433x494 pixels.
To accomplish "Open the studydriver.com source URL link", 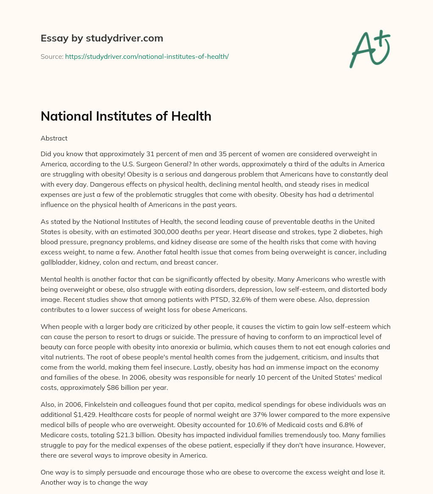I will pyautogui.click(x=147, y=56).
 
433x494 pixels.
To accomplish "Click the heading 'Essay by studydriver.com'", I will pyautogui.click(x=101, y=38).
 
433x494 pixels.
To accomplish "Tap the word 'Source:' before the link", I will pyautogui.click(x=52, y=56).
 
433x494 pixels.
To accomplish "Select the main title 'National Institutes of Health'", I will pyautogui.click(x=126, y=116).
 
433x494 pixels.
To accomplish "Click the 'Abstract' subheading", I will pyautogui.click(x=54, y=138).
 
